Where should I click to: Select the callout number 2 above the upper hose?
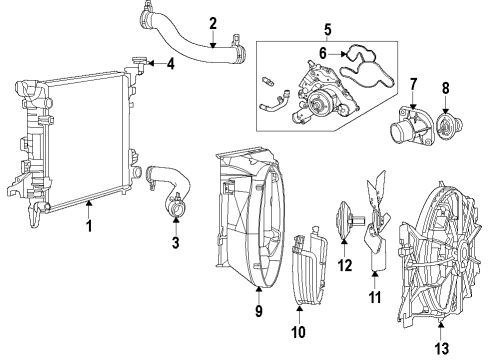pyautogui.click(x=212, y=23)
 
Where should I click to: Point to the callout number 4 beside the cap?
pyautogui.click(x=170, y=67)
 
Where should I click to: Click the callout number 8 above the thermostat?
pyautogui.click(x=447, y=100)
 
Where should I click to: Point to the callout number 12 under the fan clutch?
pyautogui.click(x=345, y=265)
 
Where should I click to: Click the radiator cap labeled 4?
pyautogui.click(x=140, y=66)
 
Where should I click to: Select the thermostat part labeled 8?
pyautogui.click(x=447, y=142)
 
